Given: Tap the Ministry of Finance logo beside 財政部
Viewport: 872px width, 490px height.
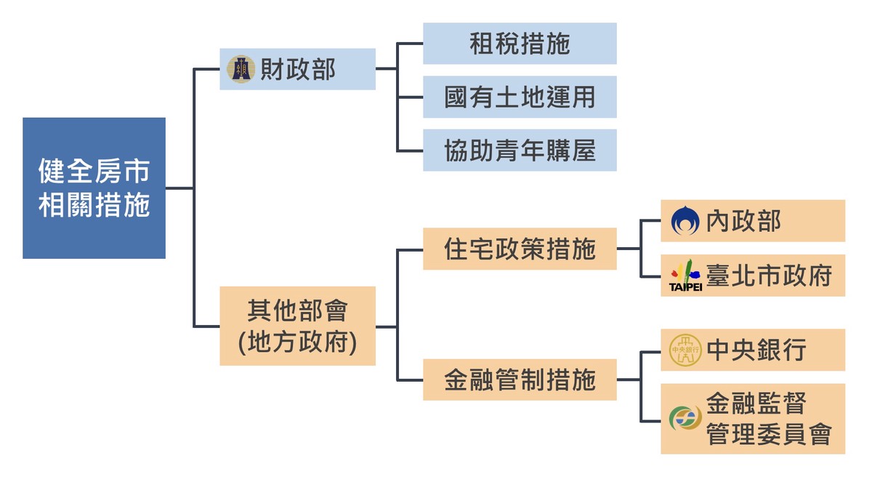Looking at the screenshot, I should pos(241,69).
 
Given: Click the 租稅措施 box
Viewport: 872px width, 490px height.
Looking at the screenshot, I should pos(520,44).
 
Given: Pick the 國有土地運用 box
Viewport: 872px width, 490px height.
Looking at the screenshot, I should pos(520,97).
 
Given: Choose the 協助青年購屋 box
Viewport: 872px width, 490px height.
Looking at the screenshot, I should pos(520,150).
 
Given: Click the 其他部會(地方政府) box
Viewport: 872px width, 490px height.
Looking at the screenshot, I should pos(297,326).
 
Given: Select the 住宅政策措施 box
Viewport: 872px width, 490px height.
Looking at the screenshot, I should pos(520,249).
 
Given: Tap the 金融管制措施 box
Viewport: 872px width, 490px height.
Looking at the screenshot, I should pos(520,379).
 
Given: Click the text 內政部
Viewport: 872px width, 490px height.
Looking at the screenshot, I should pos(743,221).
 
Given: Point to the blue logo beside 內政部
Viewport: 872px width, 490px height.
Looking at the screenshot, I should pos(685,221).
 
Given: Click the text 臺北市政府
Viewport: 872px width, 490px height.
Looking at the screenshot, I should pos(769,276).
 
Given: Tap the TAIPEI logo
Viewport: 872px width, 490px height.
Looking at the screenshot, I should pos(685,276).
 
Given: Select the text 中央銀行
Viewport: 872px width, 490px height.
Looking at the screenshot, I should pos(756,350).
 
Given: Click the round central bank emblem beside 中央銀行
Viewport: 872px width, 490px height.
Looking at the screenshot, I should pos(685,350).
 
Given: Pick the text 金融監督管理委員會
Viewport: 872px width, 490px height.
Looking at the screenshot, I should pos(768,419).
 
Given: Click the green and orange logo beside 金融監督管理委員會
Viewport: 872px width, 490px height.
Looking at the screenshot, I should pos(685,419).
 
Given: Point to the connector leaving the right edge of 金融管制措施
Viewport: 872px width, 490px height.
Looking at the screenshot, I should pos(629,379).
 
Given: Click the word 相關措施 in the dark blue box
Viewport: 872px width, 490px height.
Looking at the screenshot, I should pos(94,206).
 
